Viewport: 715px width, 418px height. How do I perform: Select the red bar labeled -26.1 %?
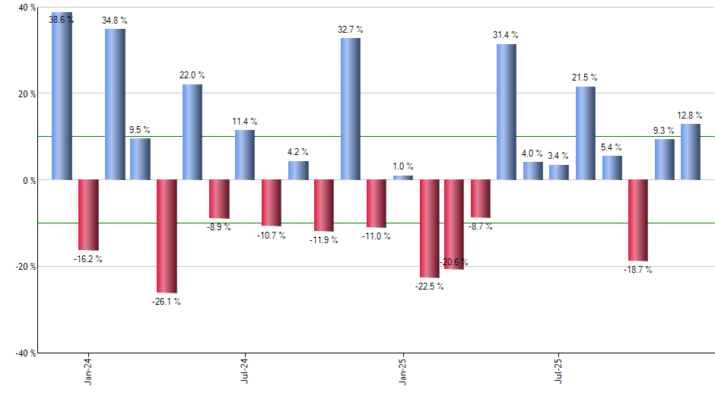[167, 236]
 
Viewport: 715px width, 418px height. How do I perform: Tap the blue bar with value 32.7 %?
[351, 109]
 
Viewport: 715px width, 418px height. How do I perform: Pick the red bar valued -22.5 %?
[429, 228]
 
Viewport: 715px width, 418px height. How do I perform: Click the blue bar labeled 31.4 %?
[507, 112]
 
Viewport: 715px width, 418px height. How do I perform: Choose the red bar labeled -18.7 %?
[638, 220]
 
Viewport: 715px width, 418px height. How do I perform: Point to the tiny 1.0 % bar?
[403, 178]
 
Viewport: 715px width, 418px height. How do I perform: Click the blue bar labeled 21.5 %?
[586, 133]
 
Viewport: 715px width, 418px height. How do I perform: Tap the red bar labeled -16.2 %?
[88, 215]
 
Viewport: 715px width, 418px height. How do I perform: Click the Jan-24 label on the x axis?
[88, 369]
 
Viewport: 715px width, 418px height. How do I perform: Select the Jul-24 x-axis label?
[245, 369]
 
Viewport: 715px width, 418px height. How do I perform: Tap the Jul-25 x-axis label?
[559, 369]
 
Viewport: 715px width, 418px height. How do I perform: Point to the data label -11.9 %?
[324, 240]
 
